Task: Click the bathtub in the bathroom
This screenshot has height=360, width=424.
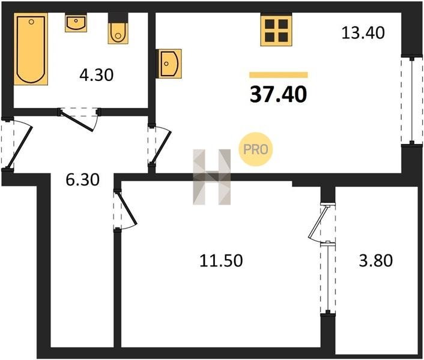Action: click(x=31, y=49)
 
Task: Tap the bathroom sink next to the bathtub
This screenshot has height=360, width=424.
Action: click(x=76, y=23)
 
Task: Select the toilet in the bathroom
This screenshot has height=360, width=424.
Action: click(x=118, y=29)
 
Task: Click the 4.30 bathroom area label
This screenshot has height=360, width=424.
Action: click(x=97, y=75)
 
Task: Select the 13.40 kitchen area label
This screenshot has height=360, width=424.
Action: click(x=363, y=33)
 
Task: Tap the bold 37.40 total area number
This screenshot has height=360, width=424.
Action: click(x=278, y=95)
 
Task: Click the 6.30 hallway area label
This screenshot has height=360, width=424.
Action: click(x=83, y=180)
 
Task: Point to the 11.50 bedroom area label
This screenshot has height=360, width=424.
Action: click(x=221, y=261)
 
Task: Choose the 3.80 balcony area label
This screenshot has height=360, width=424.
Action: click(x=376, y=261)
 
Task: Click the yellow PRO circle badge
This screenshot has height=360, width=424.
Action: click(x=255, y=149)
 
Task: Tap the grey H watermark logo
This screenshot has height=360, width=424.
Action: click(x=212, y=177)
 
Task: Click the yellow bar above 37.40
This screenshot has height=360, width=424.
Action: click(x=279, y=75)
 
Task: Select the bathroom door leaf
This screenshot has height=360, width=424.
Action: click(x=77, y=121)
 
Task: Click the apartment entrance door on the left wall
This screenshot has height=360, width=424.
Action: click(x=19, y=147)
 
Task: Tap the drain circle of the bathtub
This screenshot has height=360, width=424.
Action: click(x=31, y=22)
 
